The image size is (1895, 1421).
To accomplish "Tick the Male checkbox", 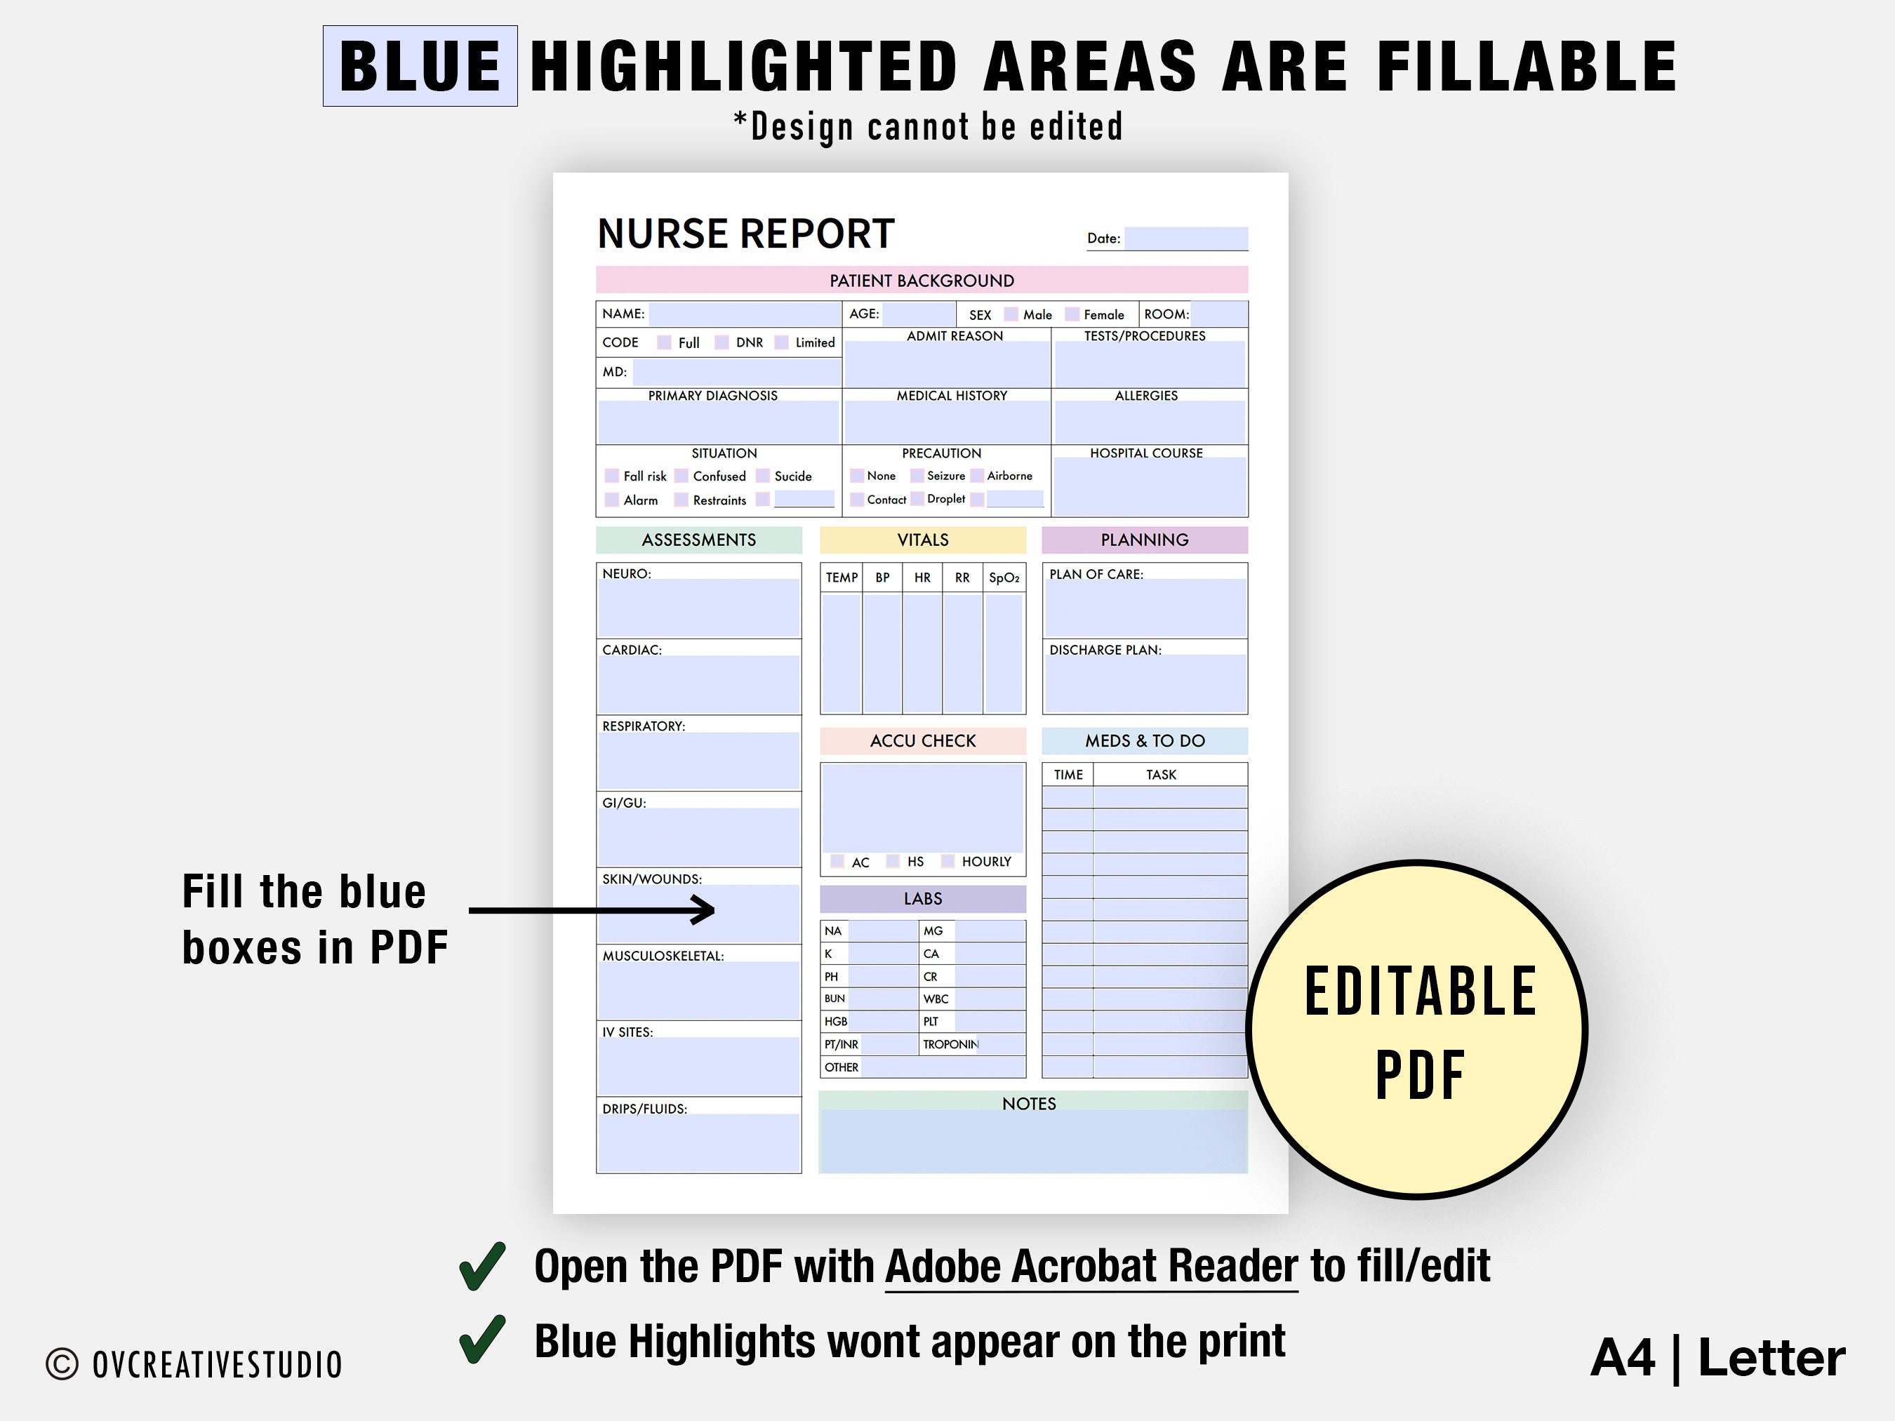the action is point(1011,314).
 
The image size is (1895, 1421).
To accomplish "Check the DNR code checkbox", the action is point(722,342).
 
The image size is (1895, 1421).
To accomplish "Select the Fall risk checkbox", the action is point(612,475).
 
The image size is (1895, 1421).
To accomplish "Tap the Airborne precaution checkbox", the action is point(977,475).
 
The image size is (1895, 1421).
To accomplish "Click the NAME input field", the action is point(745,314).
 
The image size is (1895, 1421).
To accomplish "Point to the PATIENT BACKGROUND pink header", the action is point(922,280).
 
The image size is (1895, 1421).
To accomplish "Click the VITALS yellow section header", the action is point(923,540).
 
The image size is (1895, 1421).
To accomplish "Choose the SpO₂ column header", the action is point(1004,578).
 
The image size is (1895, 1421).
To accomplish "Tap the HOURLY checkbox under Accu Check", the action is point(947,861).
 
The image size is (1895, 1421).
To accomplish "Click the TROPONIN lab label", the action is point(950,1044).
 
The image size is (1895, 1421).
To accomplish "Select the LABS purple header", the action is point(923,898).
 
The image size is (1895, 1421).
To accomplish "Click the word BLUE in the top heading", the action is point(420,66).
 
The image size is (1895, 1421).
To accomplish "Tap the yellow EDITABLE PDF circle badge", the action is point(1418,1029).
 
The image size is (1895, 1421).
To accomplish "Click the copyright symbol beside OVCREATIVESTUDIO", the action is point(62,1364).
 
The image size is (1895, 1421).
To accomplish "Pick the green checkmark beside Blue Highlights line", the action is point(482,1340).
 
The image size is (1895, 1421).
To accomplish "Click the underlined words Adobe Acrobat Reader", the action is point(1091,1266).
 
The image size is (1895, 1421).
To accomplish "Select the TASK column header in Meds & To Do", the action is point(1161,774).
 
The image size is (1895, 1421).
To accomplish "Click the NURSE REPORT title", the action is point(746,234).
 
